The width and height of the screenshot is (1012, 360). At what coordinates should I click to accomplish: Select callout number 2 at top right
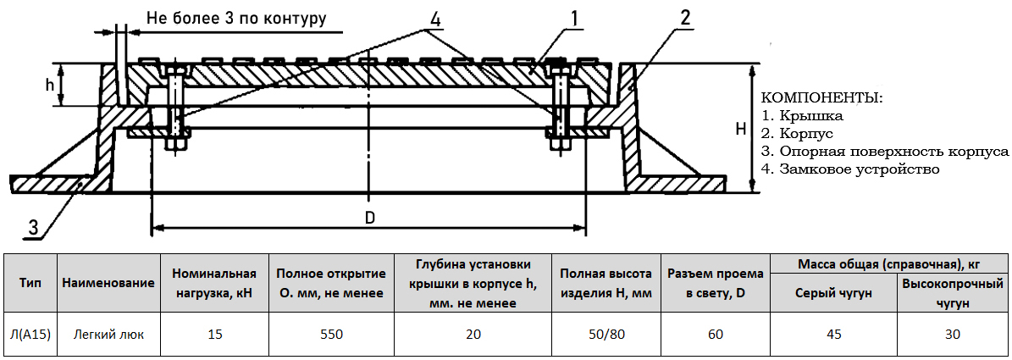point(684,16)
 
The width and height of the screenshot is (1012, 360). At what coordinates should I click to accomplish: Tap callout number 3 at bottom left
point(33,227)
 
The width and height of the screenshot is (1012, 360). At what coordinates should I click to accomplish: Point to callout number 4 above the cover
point(435,17)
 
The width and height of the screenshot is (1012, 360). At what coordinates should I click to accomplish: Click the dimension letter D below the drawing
point(370,217)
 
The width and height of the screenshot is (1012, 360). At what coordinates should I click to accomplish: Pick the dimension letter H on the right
point(739,129)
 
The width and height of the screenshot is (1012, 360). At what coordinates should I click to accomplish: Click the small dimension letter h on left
point(50,85)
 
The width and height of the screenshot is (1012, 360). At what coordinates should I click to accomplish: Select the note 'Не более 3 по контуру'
point(236,18)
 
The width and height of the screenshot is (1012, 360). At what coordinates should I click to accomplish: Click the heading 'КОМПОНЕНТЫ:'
point(822,98)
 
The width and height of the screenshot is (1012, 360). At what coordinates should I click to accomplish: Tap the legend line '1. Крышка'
point(803,116)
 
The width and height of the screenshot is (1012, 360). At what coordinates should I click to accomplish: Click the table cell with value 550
point(331,335)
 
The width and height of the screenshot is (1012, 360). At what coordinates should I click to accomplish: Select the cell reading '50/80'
point(606,335)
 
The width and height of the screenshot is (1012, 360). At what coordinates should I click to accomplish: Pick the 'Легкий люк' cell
point(108,335)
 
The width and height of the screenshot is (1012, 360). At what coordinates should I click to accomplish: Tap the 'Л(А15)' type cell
point(30,335)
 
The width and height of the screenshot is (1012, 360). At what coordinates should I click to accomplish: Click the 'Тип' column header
point(30,283)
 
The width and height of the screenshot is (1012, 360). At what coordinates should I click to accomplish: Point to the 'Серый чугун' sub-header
point(833,292)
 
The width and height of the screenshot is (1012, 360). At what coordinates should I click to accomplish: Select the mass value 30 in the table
point(953,335)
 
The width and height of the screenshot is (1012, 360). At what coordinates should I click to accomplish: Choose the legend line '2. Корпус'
point(799,134)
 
